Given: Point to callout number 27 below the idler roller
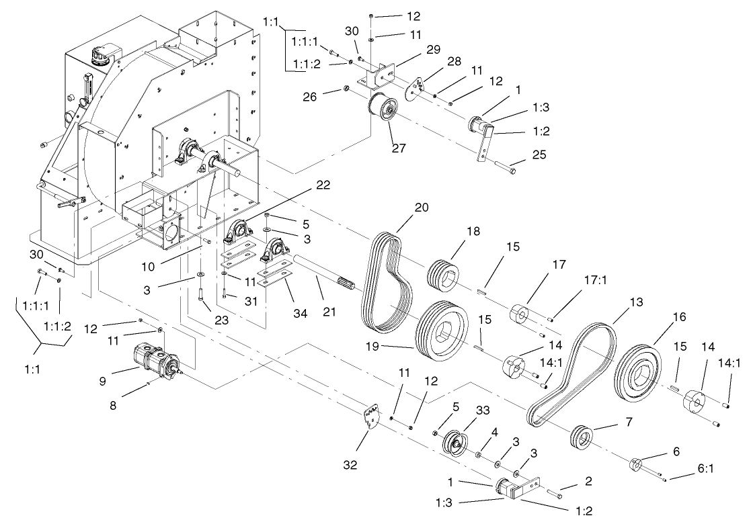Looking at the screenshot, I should pyautogui.click(x=399, y=148).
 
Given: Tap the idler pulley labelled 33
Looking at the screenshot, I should pyautogui.click(x=457, y=443).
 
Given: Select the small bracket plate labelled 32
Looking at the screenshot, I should pyautogui.click(x=371, y=417).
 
